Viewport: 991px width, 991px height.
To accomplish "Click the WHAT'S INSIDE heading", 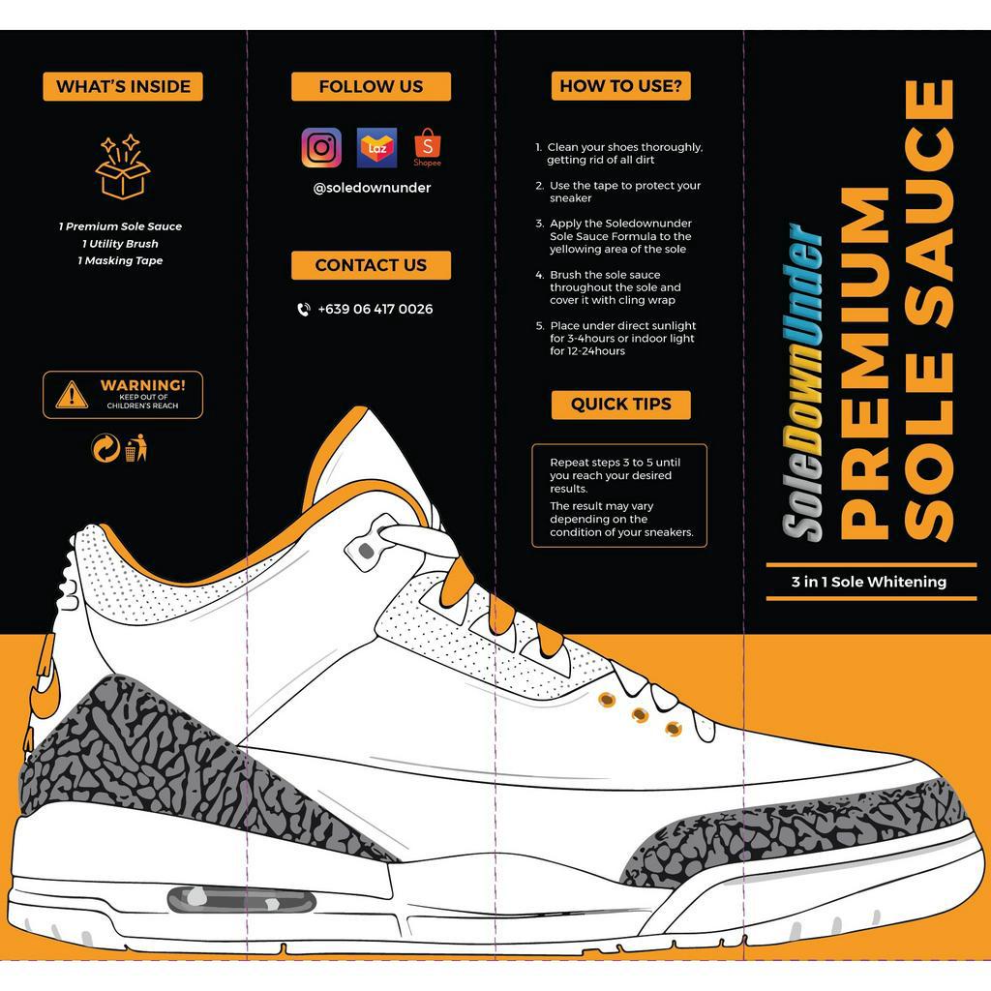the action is point(123,86).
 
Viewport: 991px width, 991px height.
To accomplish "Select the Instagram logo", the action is point(321,148).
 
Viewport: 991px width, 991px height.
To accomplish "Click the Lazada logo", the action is point(377,148).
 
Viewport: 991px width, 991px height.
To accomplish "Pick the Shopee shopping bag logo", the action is point(428,148).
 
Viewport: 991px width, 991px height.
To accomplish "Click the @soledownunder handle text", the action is point(372,188).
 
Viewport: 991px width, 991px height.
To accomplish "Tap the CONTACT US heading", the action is point(371,265).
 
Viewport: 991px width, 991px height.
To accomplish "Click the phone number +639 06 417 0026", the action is point(375,310).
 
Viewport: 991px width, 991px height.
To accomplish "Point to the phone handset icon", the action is point(304,310).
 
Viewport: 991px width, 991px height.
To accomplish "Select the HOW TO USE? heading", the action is point(621,86).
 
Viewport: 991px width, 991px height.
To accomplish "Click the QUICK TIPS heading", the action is point(621,405).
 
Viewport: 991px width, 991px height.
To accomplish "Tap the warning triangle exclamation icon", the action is point(72,395).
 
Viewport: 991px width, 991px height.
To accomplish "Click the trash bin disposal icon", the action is point(135,448).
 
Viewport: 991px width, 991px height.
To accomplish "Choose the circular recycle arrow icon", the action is point(105,448).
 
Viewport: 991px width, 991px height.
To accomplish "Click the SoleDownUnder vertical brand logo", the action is point(803,382).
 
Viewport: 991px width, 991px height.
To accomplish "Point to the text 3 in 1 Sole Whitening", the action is point(869,582).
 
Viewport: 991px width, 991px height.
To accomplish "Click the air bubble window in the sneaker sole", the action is point(242,901).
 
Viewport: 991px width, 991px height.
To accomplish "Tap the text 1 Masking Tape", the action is point(121,261).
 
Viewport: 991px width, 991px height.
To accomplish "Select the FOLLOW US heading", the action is point(371,86).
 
